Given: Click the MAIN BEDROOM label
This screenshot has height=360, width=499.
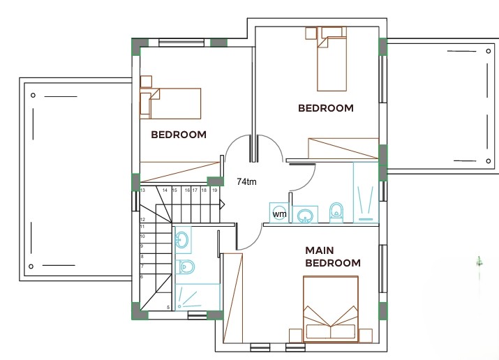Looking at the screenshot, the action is (333, 257).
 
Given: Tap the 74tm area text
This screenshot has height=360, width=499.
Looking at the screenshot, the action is (246, 181).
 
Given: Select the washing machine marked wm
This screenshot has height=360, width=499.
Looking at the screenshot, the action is (279, 213).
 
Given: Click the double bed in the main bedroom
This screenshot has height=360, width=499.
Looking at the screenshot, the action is (331, 309).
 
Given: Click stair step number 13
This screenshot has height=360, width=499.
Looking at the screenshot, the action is (142, 190).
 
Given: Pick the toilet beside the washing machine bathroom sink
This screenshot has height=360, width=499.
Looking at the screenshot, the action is (336, 212).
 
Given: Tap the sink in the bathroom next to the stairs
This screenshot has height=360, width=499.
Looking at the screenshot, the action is (182, 239).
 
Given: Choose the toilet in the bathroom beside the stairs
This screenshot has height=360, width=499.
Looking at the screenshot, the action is (185, 267).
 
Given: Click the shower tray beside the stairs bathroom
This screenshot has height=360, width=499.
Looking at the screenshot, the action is (198, 297).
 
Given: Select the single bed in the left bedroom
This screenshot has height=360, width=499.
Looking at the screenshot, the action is (170, 103).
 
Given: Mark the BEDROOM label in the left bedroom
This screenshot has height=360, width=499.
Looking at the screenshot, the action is (179, 135).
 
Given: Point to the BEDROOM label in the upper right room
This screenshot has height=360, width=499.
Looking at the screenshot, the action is (326, 108).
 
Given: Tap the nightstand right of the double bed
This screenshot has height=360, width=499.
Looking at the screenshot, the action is (365, 336).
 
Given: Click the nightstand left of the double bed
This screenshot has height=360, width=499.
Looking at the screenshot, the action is (296, 336).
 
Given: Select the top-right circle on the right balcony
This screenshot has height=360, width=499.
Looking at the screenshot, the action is (488, 51).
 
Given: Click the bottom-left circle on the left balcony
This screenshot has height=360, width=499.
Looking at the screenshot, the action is (31, 267).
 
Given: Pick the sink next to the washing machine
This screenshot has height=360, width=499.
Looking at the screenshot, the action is (305, 215).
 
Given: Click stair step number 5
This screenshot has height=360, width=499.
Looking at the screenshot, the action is (168, 308).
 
